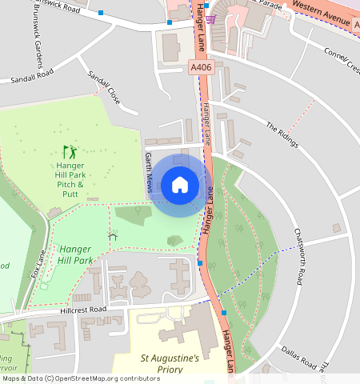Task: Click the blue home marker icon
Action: tap(180, 185)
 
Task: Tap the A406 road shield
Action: tap(201, 69)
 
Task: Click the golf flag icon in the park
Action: tap(70, 150)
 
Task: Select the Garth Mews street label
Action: tap(148, 174)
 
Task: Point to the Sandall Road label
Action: tap(32, 76)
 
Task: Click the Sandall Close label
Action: tap(104, 89)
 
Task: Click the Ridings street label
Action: tap(282, 136)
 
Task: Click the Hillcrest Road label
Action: tap(83, 310)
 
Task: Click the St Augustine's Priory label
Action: tap(170, 365)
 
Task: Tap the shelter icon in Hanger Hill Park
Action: tap(113, 236)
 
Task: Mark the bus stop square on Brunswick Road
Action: tap(101, 13)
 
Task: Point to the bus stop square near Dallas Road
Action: tap(225, 312)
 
